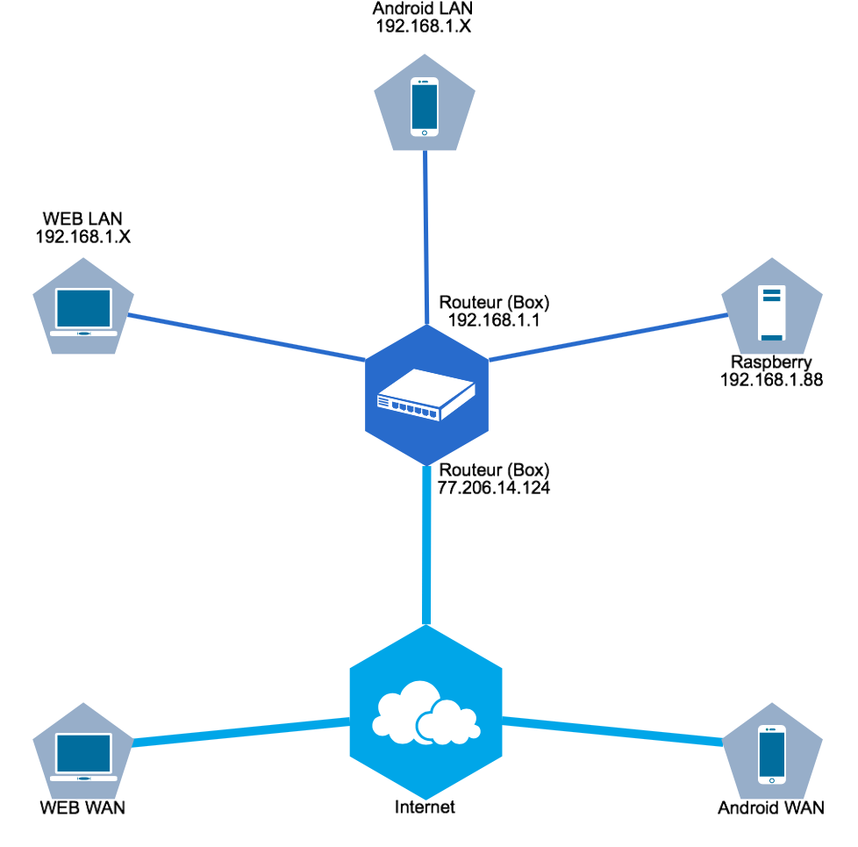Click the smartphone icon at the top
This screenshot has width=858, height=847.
425,106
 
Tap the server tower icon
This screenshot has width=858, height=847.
772,312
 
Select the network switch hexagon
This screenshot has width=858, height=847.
426,395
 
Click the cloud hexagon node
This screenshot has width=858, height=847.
426,712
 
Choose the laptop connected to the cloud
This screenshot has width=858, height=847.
83,754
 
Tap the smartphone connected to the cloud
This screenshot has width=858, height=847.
772,754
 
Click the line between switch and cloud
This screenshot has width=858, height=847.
426,544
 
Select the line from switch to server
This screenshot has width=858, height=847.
605,337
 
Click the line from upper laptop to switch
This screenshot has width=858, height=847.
246,337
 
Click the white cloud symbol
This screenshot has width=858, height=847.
425,713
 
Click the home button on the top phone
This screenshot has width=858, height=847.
425,133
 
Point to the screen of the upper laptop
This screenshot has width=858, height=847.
83,308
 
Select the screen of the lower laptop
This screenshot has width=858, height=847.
83,752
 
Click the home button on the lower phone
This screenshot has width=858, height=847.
772,780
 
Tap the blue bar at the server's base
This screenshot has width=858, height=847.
772,337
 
